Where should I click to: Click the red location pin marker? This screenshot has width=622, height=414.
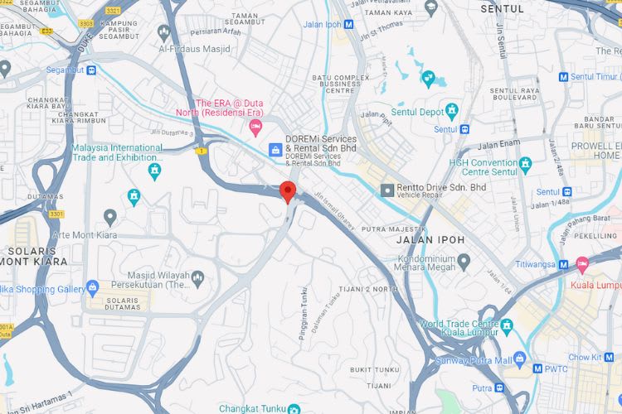[288, 191]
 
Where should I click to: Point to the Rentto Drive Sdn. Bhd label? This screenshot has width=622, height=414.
[442, 188]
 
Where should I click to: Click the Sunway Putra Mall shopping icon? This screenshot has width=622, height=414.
[519, 358]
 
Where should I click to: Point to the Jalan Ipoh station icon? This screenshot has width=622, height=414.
[350, 25]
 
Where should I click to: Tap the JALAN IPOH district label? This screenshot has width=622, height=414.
[430, 240]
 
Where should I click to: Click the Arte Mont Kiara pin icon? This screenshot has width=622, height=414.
[110, 217]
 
